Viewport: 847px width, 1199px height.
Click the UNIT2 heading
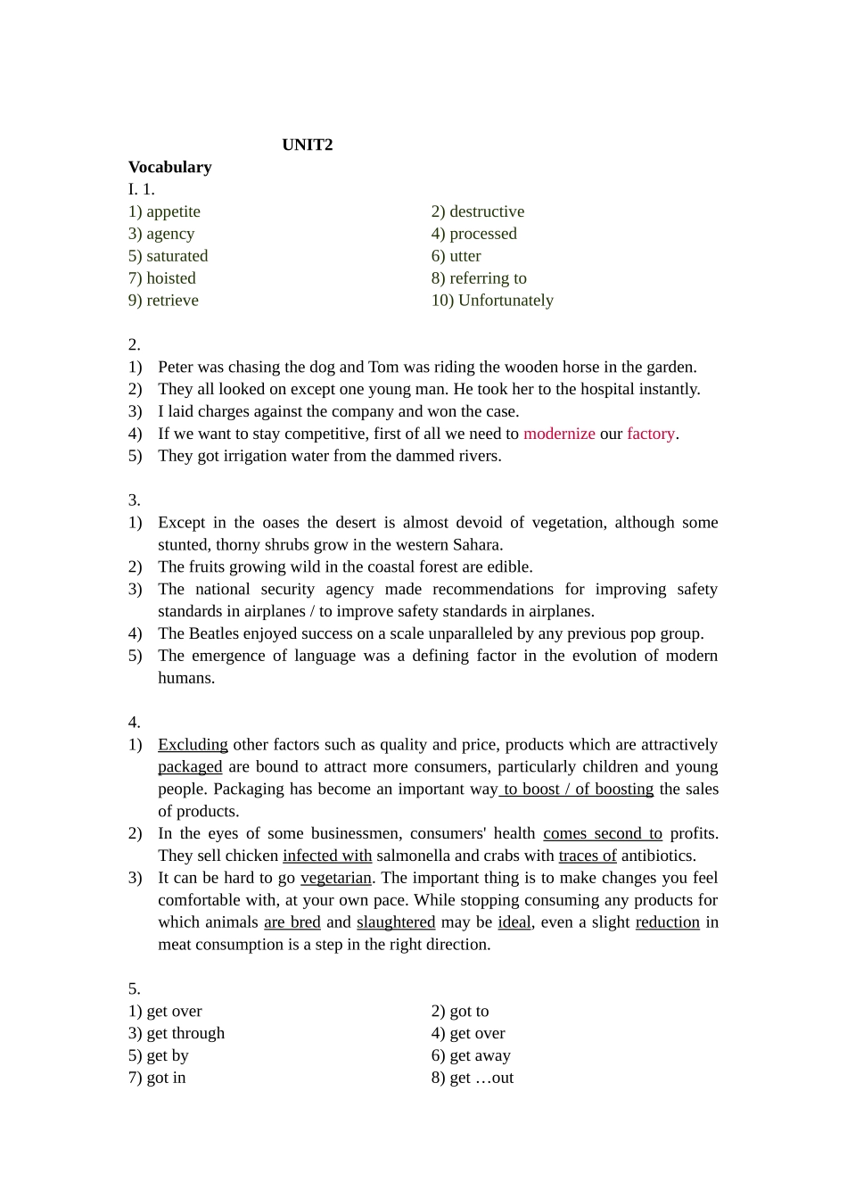307,145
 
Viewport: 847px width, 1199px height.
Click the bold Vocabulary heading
169,167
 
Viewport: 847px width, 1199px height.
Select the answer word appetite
173,211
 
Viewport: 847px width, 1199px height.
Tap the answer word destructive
487,211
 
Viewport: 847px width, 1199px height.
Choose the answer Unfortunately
506,301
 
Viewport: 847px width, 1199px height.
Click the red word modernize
559,434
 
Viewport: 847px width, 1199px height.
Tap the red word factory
651,434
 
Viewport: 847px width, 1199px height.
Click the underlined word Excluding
193,745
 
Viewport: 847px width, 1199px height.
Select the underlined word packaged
190,767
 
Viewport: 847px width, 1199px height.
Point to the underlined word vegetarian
335,878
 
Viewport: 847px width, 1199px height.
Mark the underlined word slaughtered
396,922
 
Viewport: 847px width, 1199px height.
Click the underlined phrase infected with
327,856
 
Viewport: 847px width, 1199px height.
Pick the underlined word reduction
667,922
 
